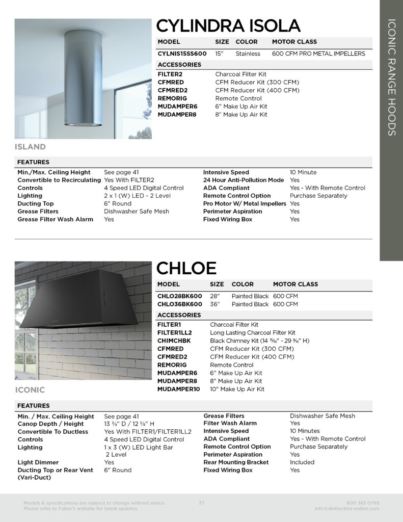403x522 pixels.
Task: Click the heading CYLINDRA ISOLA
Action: (x=228, y=25)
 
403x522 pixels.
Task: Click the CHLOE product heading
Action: (x=186, y=268)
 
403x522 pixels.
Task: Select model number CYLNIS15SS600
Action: (x=182, y=54)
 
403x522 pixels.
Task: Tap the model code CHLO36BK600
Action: (x=179, y=304)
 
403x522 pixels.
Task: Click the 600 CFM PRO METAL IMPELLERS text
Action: (x=318, y=54)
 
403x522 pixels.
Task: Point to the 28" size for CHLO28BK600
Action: (x=215, y=296)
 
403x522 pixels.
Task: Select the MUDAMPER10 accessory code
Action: (x=179, y=389)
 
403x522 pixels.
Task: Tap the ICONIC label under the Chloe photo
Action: (x=30, y=390)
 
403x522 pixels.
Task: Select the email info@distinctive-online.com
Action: (x=347, y=509)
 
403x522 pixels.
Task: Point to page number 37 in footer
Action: (x=201, y=503)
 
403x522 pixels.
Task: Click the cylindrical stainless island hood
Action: (x=80, y=82)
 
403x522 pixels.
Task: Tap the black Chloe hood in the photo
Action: (x=76, y=301)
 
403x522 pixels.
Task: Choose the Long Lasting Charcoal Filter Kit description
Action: (x=253, y=333)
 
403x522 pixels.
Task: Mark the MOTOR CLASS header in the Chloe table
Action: (x=295, y=284)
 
